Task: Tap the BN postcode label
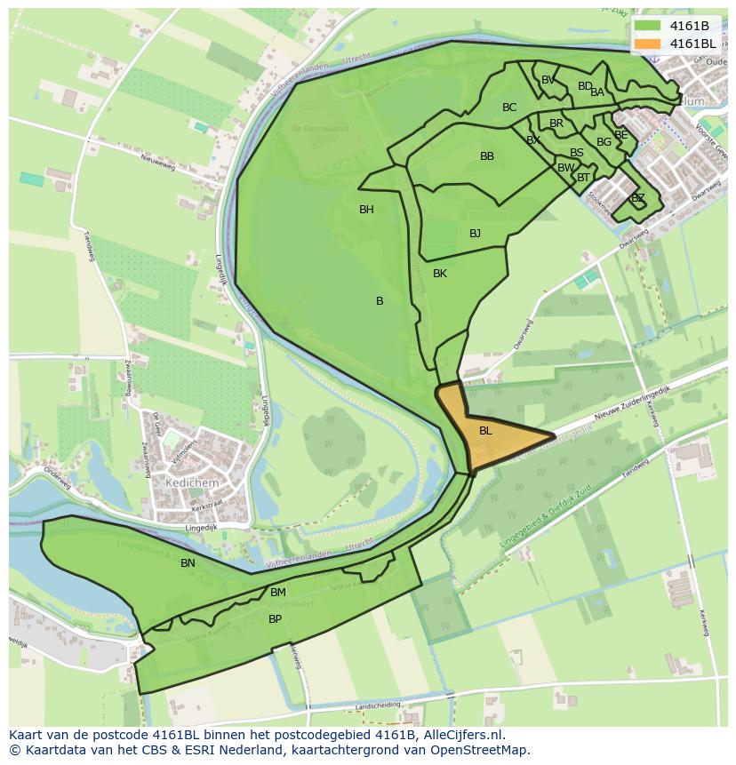[x=188, y=563]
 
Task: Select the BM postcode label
[x=278, y=593]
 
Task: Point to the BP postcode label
[x=276, y=619]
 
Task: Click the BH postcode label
[x=366, y=210]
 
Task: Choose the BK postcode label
[x=440, y=274]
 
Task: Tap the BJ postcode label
[x=475, y=234]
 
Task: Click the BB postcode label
[x=487, y=156]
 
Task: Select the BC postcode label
[x=509, y=108]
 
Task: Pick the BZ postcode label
[x=637, y=198]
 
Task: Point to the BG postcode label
[x=604, y=142]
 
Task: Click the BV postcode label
[x=548, y=80]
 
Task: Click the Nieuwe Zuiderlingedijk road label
[x=632, y=401]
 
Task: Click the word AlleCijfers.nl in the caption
[x=461, y=735]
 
